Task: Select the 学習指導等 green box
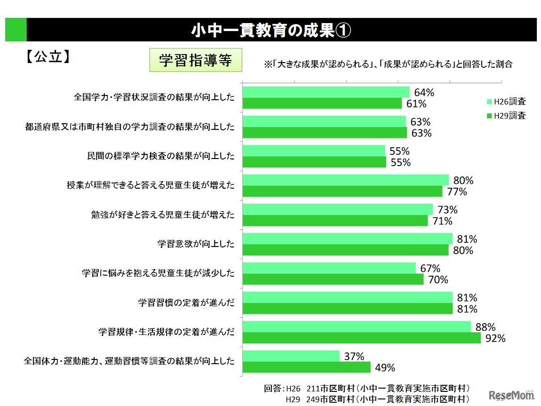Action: coord(195,60)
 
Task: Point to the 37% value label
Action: coord(354,357)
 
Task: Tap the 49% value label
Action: coord(384,368)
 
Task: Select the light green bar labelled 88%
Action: coord(356,327)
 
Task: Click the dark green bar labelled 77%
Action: coord(342,191)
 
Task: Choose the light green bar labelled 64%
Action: coord(326,92)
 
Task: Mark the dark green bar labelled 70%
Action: coord(333,279)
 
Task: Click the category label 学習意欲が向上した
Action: coord(196,244)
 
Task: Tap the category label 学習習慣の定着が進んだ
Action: coord(186,303)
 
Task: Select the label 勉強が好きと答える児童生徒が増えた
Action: coord(162,215)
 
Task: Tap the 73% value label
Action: coord(447,210)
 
